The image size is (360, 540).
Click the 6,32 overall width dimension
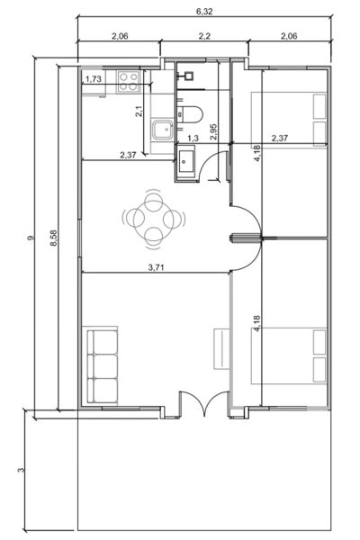(x=204, y=12)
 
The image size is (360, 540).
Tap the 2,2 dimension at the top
(x=204, y=36)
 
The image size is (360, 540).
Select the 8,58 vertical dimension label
(x=54, y=238)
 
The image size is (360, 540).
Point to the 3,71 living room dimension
(x=156, y=267)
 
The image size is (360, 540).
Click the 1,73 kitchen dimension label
(x=94, y=79)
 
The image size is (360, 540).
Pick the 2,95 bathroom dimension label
(x=213, y=132)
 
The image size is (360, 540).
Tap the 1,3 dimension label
(x=193, y=139)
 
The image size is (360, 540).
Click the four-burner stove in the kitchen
(x=128, y=82)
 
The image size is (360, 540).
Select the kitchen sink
(x=163, y=130)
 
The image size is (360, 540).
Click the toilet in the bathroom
(x=190, y=114)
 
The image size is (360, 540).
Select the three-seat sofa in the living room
(x=103, y=365)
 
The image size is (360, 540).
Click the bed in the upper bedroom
(x=289, y=120)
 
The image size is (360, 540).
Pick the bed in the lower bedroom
(x=289, y=355)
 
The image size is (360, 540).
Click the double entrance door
(x=204, y=403)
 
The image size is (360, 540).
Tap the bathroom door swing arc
(x=209, y=162)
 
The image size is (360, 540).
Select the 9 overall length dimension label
(x=31, y=238)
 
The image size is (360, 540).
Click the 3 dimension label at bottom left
(x=22, y=470)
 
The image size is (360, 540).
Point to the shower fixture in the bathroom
(x=188, y=75)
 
